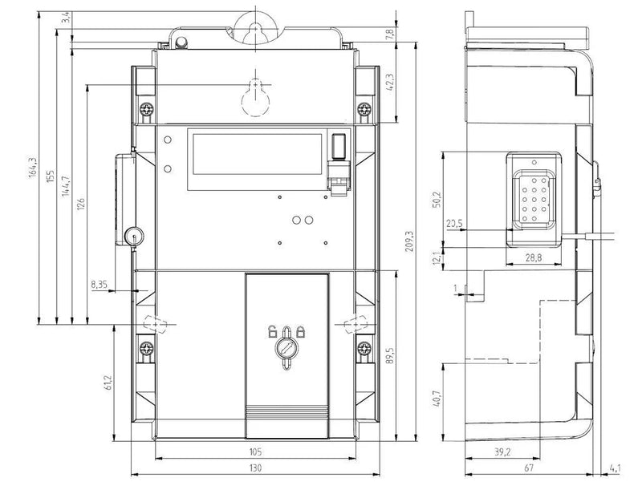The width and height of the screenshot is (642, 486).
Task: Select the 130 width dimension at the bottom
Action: tap(255, 468)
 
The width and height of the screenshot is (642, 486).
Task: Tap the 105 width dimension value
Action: tap(255, 452)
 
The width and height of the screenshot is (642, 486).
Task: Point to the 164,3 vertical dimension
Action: tap(33, 168)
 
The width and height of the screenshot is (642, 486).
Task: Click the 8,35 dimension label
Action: tap(99, 285)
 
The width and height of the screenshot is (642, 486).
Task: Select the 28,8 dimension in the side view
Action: tap(533, 257)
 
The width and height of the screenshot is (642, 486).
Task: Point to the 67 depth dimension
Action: tap(528, 468)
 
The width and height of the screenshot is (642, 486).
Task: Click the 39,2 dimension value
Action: tap(502, 452)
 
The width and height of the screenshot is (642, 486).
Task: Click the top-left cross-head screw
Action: tap(146, 109)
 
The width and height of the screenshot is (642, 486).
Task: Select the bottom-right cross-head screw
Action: tap(364, 349)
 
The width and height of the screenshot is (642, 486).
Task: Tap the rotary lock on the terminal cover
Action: tap(286, 349)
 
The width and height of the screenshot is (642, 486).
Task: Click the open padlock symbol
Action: tap(272, 331)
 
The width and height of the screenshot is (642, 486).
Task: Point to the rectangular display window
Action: tap(257, 154)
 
